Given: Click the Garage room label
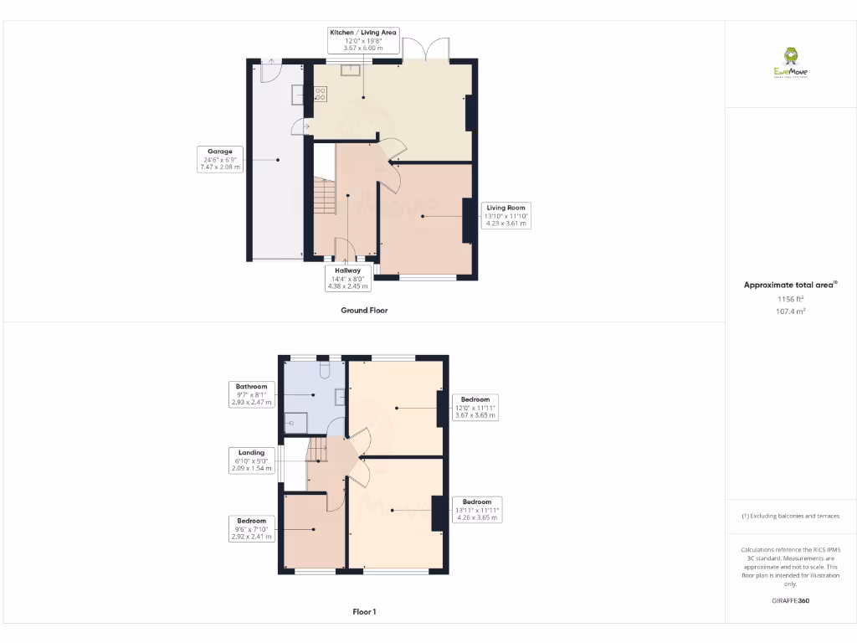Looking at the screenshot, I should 219,159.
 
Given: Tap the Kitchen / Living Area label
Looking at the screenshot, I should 363,40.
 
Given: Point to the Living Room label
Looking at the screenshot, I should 505,215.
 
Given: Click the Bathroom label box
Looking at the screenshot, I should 251,394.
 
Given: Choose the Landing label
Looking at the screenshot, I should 251,460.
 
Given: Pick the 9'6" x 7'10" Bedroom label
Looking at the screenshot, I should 251,528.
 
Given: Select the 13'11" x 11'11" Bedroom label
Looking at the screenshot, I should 477,509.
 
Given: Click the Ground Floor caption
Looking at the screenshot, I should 364,310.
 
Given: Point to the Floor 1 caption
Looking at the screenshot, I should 364,612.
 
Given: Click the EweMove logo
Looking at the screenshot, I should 790,63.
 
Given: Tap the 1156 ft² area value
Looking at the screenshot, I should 791,299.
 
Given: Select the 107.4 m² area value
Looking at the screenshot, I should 791,311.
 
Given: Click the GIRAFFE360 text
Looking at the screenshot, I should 791,600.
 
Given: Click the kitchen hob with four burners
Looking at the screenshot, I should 320,95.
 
